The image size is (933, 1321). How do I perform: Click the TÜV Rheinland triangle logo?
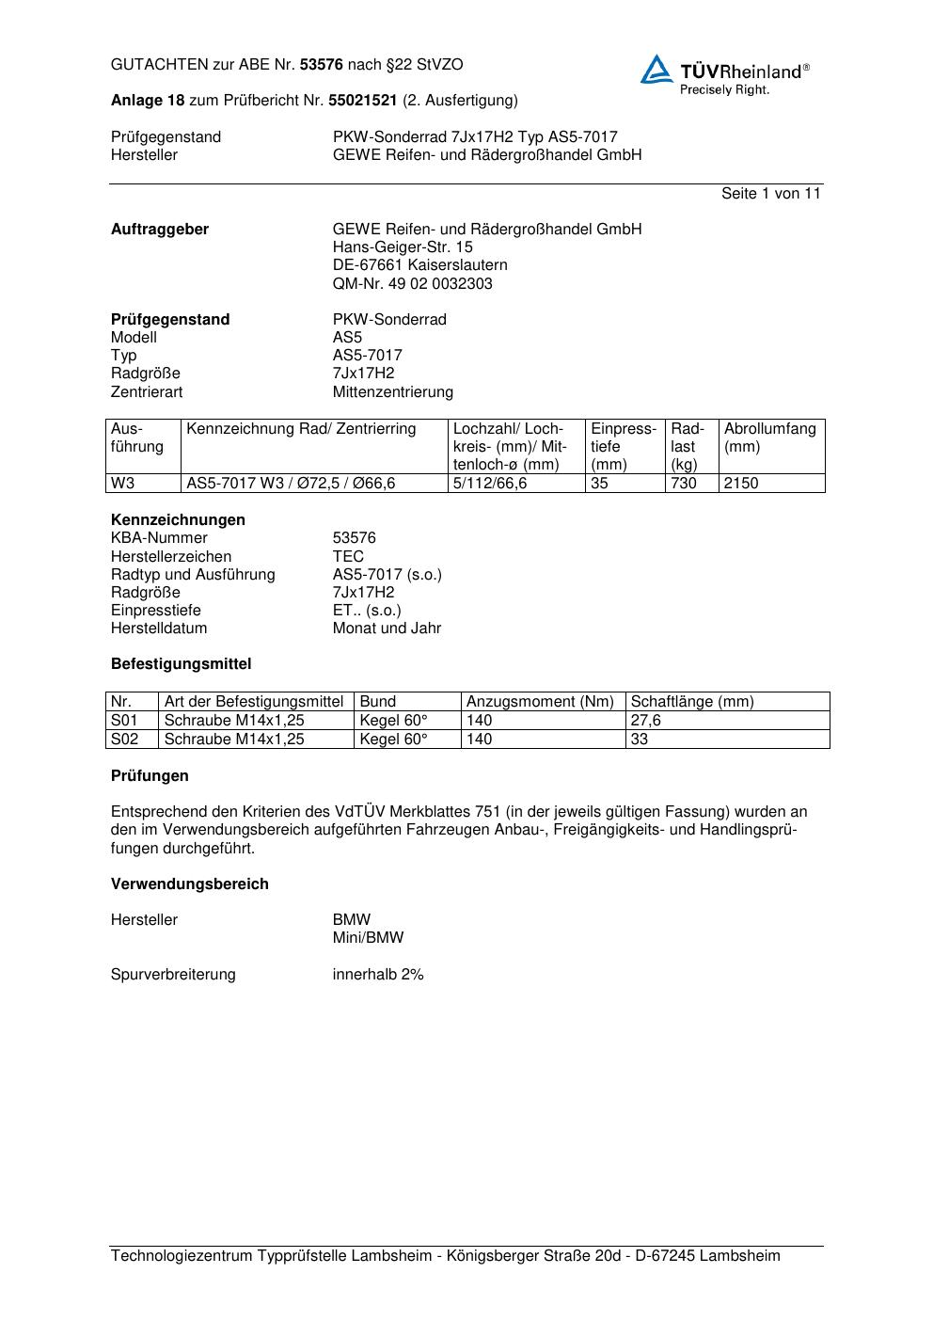pos(656,70)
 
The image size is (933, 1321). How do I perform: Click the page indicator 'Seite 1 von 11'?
pos(770,194)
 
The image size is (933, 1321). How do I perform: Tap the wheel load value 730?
pos(684,484)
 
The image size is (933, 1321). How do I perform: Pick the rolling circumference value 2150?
pos(741,484)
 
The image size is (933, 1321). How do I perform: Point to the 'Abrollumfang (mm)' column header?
pos(769,438)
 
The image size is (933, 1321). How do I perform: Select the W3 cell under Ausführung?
pos(123,484)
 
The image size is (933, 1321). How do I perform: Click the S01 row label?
pos(124,721)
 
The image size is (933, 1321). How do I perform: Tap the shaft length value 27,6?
pos(646,721)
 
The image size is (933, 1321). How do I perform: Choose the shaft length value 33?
pos(640,740)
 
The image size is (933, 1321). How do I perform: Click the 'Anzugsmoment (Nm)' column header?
pos(540,702)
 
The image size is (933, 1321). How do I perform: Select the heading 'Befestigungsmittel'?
pos(182,664)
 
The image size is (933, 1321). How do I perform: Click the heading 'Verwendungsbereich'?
pos(190,884)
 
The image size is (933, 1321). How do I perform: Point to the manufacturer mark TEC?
pos(348,557)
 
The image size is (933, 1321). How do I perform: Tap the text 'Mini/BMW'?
pos(368,938)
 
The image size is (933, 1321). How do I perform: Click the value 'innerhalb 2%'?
pos(378,975)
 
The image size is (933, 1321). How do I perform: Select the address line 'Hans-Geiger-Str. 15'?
pos(403,247)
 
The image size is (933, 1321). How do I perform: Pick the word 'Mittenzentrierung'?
pos(392,392)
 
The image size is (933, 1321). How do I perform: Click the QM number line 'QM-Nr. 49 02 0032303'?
pos(412,284)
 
